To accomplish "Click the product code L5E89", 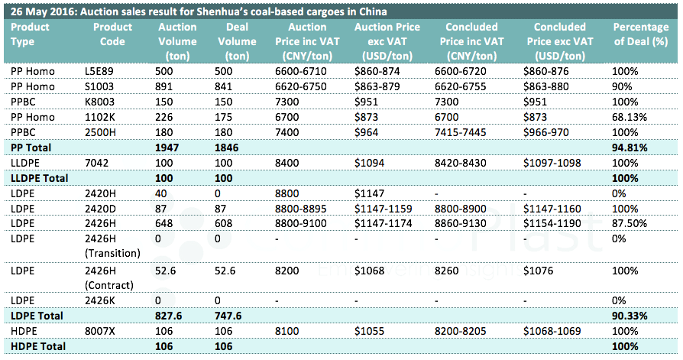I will click(x=99, y=71).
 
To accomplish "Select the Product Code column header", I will click(x=112, y=41).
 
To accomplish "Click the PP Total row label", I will click(x=32, y=146).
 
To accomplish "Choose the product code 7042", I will click(x=96, y=162).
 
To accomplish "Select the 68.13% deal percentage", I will click(x=630, y=116).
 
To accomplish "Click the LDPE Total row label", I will click(x=36, y=316).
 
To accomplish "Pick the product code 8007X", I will click(x=99, y=331).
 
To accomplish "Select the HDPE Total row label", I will click(x=37, y=346).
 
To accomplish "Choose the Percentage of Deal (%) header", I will click(x=641, y=41).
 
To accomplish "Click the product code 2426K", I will click(x=99, y=300).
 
